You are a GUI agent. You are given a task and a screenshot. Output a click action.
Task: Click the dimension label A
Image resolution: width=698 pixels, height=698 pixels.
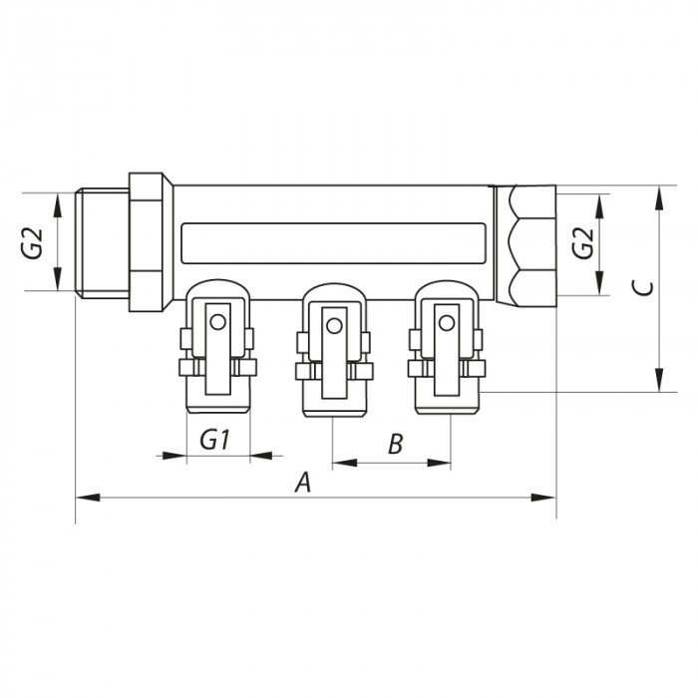point(304,483)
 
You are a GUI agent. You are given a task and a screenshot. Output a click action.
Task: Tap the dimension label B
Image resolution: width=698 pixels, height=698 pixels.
point(395,445)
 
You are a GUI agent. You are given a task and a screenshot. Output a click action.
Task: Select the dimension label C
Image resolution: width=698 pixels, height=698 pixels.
point(644,288)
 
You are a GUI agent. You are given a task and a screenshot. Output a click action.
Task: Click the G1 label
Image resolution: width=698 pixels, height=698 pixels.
point(216,439)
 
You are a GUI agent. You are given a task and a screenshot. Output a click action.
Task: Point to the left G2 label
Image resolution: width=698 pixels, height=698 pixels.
point(34,243)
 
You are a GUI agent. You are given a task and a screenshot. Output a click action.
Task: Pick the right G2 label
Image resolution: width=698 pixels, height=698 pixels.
point(582,243)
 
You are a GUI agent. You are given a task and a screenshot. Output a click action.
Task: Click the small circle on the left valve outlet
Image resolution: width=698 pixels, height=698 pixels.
point(218,322)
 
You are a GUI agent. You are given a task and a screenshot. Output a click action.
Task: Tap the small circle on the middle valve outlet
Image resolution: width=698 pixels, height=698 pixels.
point(333,322)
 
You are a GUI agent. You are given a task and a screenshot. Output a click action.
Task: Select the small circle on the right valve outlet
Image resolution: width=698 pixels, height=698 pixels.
point(446,321)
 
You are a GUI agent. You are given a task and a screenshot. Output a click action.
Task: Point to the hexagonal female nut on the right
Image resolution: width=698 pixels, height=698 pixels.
point(525,242)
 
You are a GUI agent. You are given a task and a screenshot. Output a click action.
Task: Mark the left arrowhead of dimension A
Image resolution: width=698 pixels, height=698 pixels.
point(83,496)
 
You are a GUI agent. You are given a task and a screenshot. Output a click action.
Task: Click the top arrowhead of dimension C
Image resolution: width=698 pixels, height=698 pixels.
point(658,193)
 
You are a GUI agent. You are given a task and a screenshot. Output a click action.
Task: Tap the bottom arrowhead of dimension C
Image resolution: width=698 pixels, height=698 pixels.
point(658,385)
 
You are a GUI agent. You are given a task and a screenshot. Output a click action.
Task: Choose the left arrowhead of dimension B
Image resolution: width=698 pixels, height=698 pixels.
point(340,462)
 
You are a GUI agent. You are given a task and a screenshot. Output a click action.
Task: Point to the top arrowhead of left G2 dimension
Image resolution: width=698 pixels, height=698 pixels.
point(55,199)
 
